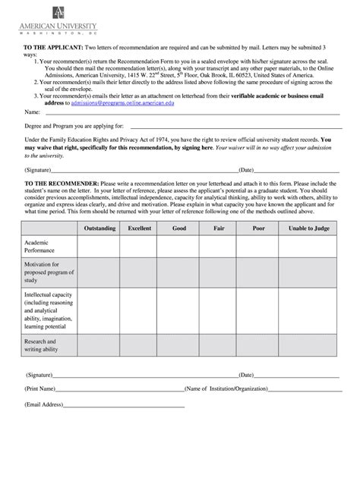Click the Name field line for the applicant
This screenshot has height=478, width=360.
[x=190, y=112]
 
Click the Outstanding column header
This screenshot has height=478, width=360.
[x=99, y=228]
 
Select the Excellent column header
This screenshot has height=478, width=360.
[x=139, y=228]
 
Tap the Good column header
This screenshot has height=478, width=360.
[x=178, y=228]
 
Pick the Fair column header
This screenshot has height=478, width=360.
[x=219, y=228]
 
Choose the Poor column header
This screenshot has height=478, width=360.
[x=258, y=228]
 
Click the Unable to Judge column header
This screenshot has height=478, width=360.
[x=310, y=228]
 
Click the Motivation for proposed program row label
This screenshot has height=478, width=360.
[x=47, y=272]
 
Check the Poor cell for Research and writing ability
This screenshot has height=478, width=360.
[x=258, y=346]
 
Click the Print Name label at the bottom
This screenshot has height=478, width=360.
[x=41, y=388]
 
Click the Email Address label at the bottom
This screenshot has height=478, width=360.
[x=45, y=404]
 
